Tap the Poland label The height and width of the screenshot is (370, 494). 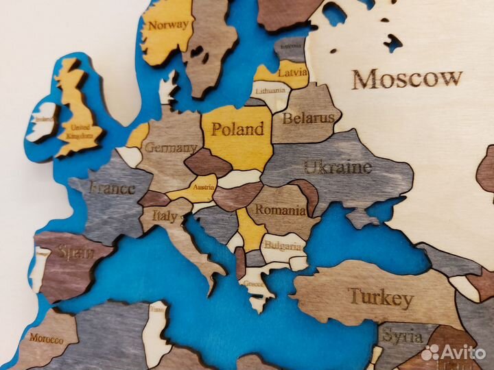coord(237,129)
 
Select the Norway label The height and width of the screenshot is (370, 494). coord(168,25)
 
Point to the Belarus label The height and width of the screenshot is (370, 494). coord(308,118)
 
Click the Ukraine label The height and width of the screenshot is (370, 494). coord(338,166)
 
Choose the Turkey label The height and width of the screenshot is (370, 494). coord(381,298)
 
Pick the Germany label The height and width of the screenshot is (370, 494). coord(172,147)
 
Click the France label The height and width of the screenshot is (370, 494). coord(112,187)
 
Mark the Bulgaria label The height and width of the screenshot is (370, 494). coord(283,245)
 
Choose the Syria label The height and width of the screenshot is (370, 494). coord(398,336)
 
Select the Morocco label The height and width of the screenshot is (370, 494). coord(45,338)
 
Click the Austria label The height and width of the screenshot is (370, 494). coord(204,186)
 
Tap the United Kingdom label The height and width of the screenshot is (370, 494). coord(80,132)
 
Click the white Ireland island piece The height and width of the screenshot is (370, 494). coord(43,121)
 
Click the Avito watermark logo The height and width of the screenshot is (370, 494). coord(454,352)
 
